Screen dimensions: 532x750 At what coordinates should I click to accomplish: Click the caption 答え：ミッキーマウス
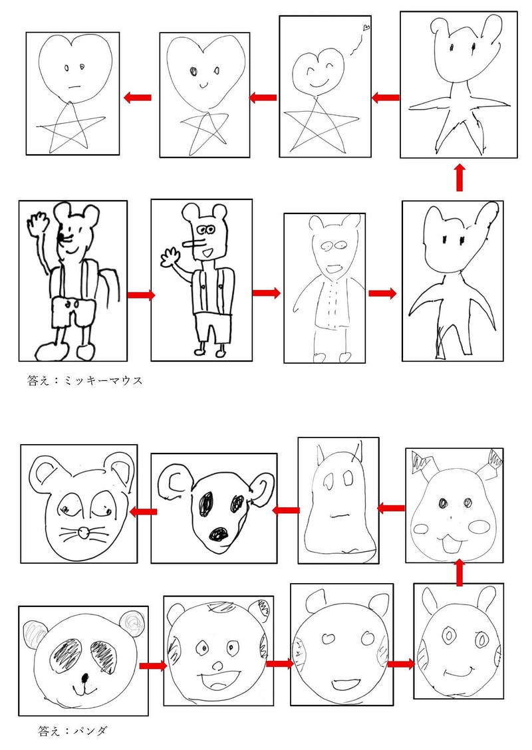tap(84, 381)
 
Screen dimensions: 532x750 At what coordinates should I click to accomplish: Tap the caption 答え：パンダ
tap(73, 731)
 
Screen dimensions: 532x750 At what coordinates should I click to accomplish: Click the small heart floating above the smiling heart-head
tap(366, 28)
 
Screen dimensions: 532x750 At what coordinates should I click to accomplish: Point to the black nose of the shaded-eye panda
tap(85, 678)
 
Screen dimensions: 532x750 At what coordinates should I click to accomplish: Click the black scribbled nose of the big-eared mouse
tap(219, 534)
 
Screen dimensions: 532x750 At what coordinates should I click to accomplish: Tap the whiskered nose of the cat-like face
tap(84, 531)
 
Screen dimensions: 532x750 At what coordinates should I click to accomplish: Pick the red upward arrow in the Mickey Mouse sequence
tap(460, 178)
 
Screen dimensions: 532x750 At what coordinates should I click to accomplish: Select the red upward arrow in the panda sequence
tap(460, 572)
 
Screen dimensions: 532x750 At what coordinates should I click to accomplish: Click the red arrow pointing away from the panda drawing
tap(153, 666)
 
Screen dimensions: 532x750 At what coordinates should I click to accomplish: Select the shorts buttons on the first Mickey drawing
tap(71, 304)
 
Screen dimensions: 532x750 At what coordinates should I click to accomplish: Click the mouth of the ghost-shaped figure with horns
tap(341, 516)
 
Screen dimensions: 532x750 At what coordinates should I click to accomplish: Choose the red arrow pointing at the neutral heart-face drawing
tap(138, 98)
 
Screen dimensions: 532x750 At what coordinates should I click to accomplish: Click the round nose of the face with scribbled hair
tap(217, 666)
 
